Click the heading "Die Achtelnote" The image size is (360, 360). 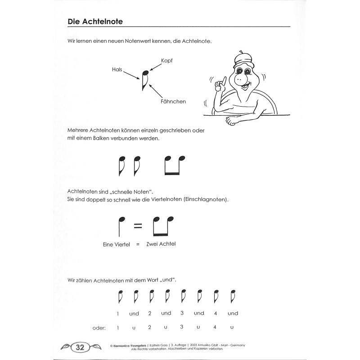tap(95, 21)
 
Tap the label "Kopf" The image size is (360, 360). tap(167, 60)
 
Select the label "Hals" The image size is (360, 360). tap(117, 69)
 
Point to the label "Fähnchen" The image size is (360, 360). tap(173, 102)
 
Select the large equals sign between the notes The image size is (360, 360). tap(138, 226)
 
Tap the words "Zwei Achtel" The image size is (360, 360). tap(161, 243)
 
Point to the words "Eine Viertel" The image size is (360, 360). tap(117, 244)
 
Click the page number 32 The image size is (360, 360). tap(81, 347)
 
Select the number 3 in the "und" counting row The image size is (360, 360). tap(182, 313)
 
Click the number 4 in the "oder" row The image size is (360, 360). tap(215, 328)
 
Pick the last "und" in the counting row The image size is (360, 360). tap(233, 313)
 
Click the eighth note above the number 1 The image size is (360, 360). tap(119, 297)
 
